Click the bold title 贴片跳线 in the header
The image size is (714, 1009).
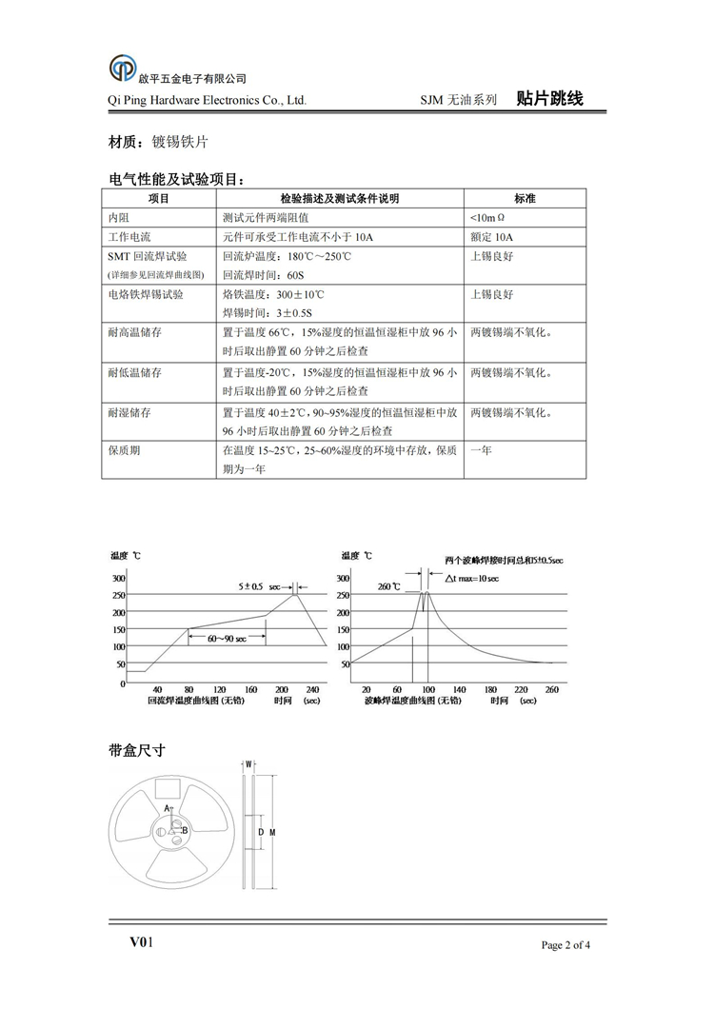pos(549,99)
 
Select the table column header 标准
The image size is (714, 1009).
pos(525,199)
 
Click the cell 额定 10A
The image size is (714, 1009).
pos(491,237)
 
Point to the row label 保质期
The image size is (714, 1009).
pos(125,450)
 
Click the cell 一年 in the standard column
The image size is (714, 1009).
pos(481,450)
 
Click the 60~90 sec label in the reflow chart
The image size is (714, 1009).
pos(228,639)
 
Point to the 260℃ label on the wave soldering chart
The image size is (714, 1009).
pos(389,586)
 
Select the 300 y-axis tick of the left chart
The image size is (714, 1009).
pos(118,578)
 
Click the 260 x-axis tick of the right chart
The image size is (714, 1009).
pos(552,690)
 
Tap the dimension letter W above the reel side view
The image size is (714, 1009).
pos(248,763)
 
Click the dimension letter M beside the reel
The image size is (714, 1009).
pos(272,833)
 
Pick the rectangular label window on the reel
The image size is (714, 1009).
pos(169,790)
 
